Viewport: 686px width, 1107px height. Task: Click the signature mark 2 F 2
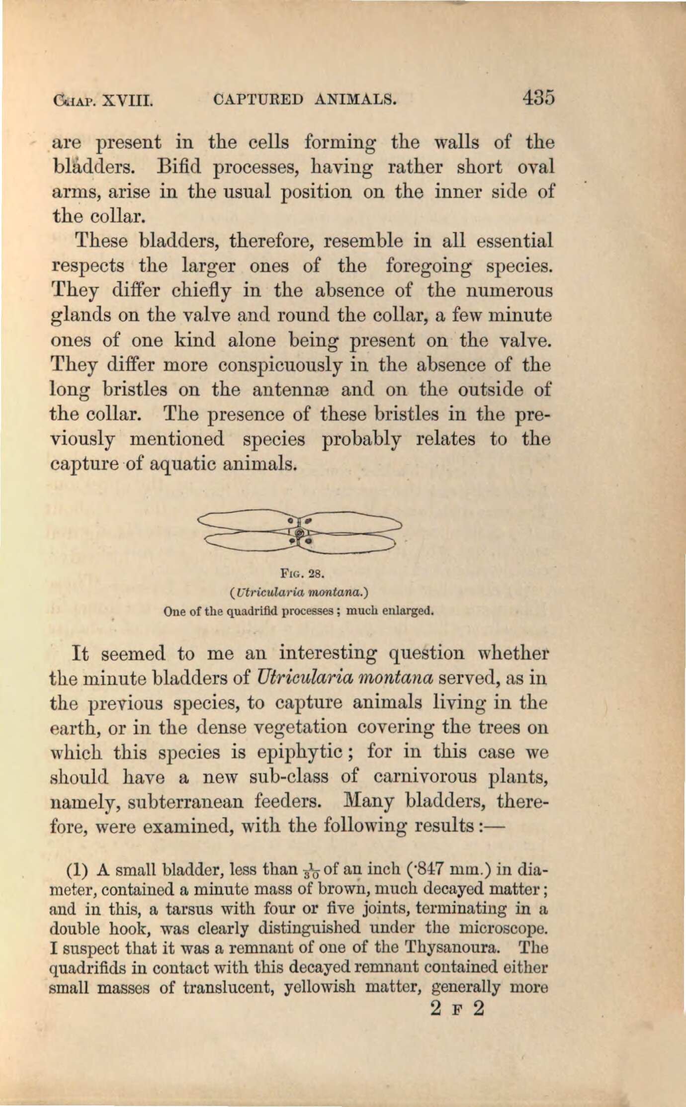click(456, 1010)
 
